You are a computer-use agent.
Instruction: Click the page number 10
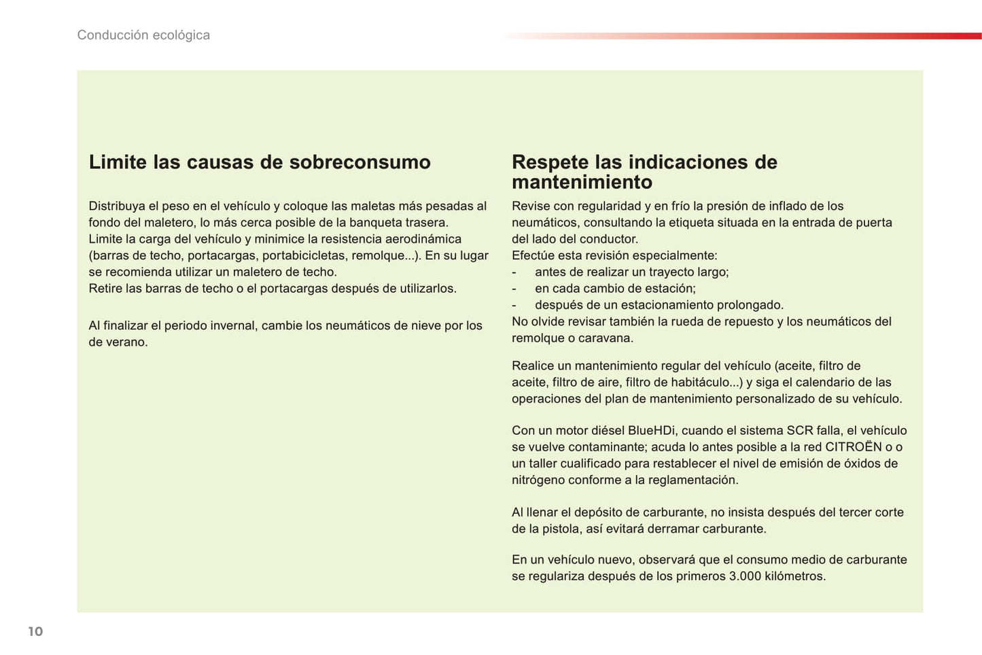(x=35, y=632)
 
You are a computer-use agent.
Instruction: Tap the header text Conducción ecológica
(x=143, y=35)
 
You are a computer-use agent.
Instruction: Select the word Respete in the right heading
(x=550, y=162)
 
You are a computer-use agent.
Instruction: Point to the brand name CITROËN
(x=854, y=447)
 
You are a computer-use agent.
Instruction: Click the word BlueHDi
(x=651, y=431)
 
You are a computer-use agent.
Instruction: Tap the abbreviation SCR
(x=799, y=431)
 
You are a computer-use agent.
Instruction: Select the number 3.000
(x=745, y=577)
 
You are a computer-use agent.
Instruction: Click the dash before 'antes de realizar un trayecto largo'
(x=514, y=272)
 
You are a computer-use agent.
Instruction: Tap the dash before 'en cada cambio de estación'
(x=514, y=289)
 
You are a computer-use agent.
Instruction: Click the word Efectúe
(x=534, y=256)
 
